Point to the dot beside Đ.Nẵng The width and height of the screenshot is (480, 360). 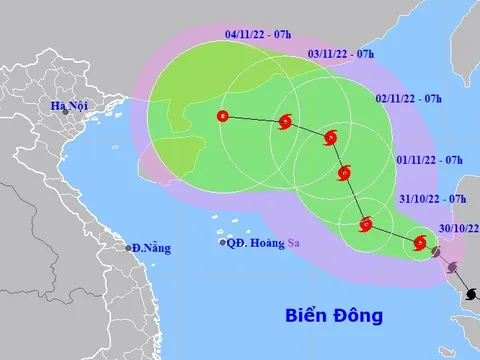click(129, 247)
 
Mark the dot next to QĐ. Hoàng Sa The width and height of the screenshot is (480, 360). click(223, 242)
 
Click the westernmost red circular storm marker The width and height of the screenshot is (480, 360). click(222, 117)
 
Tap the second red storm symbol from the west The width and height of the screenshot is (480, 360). click(285, 123)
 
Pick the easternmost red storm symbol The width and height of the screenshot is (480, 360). click(421, 242)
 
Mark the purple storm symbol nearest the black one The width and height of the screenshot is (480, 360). click(452, 267)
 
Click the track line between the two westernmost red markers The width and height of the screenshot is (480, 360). click(254, 120)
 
